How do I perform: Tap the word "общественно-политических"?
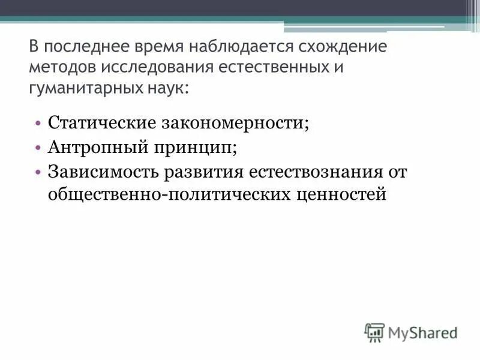click(x=169, y=195)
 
